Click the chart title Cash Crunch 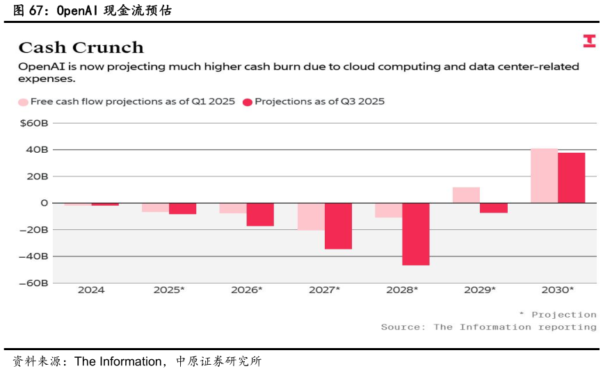[x=81, y=48]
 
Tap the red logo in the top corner [x=589, y=41]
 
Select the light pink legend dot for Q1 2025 [x=24, y=102]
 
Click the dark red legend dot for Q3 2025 [x=248, y=102]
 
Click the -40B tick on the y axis [x=35, y=256]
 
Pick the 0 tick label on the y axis [x=44, y=203]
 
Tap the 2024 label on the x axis [x=91, y=290]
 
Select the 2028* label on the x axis [x=402, y=290]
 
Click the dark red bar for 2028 [x=416, y=234]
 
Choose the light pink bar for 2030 [x=544, y=176]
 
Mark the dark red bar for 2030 [x=572, y=178]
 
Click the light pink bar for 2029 [x=466, y=195]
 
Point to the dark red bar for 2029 [x=494, y=208]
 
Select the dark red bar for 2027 [x=338, y=226]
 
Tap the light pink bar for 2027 [x=311, y=216]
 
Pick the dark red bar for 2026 [x=260, y=214]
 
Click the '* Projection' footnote [x=558, y=315]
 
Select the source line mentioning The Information [x=488, y=327]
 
